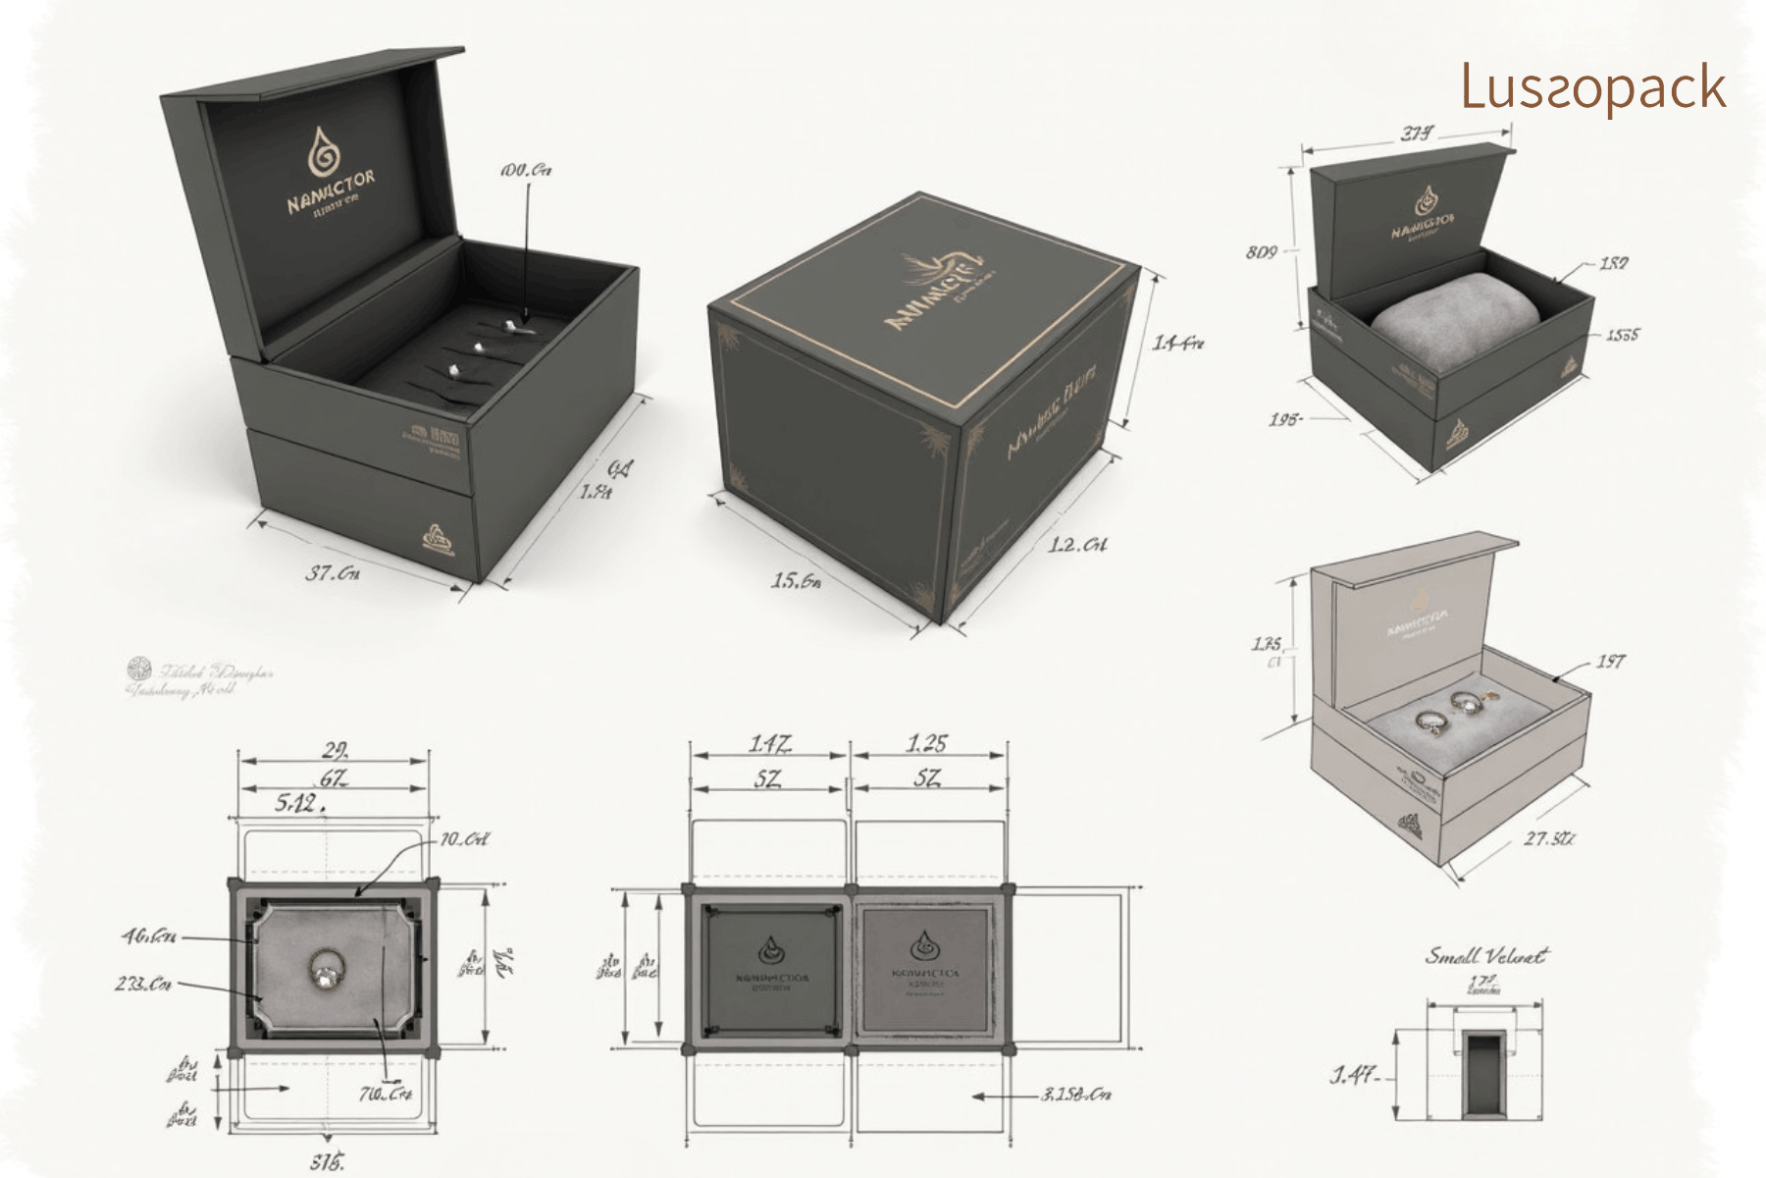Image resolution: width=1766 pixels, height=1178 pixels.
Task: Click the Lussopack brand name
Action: pos(1592,87)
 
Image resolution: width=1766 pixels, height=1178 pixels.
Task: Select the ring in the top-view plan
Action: pos(325,971)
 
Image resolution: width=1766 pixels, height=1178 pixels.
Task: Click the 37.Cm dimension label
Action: pos(333,572)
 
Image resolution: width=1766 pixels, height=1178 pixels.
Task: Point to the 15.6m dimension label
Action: pos(795,581)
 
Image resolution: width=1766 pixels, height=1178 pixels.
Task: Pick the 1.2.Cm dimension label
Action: pos(1077,545)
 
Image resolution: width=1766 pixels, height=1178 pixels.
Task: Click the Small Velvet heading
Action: pos(1485,955)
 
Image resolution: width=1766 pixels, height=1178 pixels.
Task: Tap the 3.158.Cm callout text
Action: pos(1076,1095)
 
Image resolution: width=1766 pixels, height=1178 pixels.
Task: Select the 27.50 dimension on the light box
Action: pos(1549,839)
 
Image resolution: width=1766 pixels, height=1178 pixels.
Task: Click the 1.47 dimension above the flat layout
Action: pos(769,744)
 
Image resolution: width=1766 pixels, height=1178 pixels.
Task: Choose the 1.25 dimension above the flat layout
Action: pos(926,744)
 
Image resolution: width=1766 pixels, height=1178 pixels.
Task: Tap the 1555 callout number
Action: pos(1622,336)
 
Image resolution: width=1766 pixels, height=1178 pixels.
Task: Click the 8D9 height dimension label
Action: pos(1262,253)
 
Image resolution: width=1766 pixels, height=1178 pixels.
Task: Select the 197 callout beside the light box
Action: pos(1610,662)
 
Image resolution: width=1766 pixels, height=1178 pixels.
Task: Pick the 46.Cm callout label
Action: pos(149,937)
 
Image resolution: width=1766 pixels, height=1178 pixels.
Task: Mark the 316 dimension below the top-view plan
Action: pos(328,1163)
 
